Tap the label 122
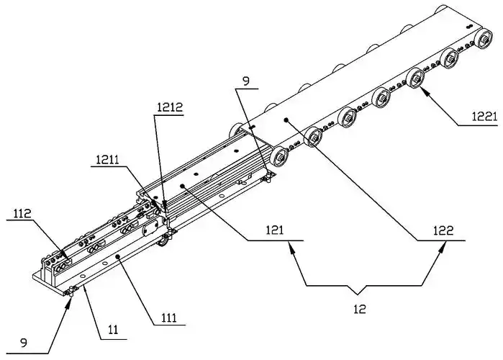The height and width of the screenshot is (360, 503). (x=443, y=230)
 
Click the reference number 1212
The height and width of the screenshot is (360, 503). (x=170, y=107)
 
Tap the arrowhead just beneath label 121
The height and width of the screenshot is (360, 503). (x=291, y=246)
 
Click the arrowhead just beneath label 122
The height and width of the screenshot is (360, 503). (x=444, y=246)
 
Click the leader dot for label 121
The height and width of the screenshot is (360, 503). (x=183, y=185)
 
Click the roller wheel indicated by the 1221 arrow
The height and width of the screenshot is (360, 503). (x=415, y=79)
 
